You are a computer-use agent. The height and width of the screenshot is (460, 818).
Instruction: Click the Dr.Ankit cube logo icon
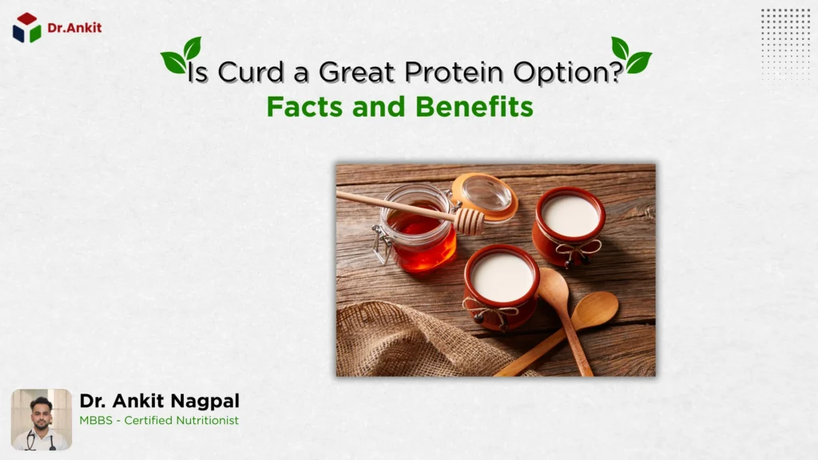(x=26, y=28)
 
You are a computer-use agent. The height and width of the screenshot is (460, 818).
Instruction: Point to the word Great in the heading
(x=356, y=73)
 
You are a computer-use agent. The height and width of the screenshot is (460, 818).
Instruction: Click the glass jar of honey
(x=416, y=232)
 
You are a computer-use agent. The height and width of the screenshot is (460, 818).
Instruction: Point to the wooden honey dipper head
(x=469, y=220)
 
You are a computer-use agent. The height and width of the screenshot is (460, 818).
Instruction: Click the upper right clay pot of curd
(x=570, y=221)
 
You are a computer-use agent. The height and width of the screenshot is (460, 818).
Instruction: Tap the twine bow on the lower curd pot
(x=489, y=311)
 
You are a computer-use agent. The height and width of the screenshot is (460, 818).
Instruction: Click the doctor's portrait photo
(x=42, y=419)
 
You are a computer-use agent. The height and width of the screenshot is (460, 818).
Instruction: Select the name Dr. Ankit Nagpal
(x=159, y=401)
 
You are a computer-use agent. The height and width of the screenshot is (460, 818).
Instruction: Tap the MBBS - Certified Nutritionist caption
(x=159, y=420)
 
